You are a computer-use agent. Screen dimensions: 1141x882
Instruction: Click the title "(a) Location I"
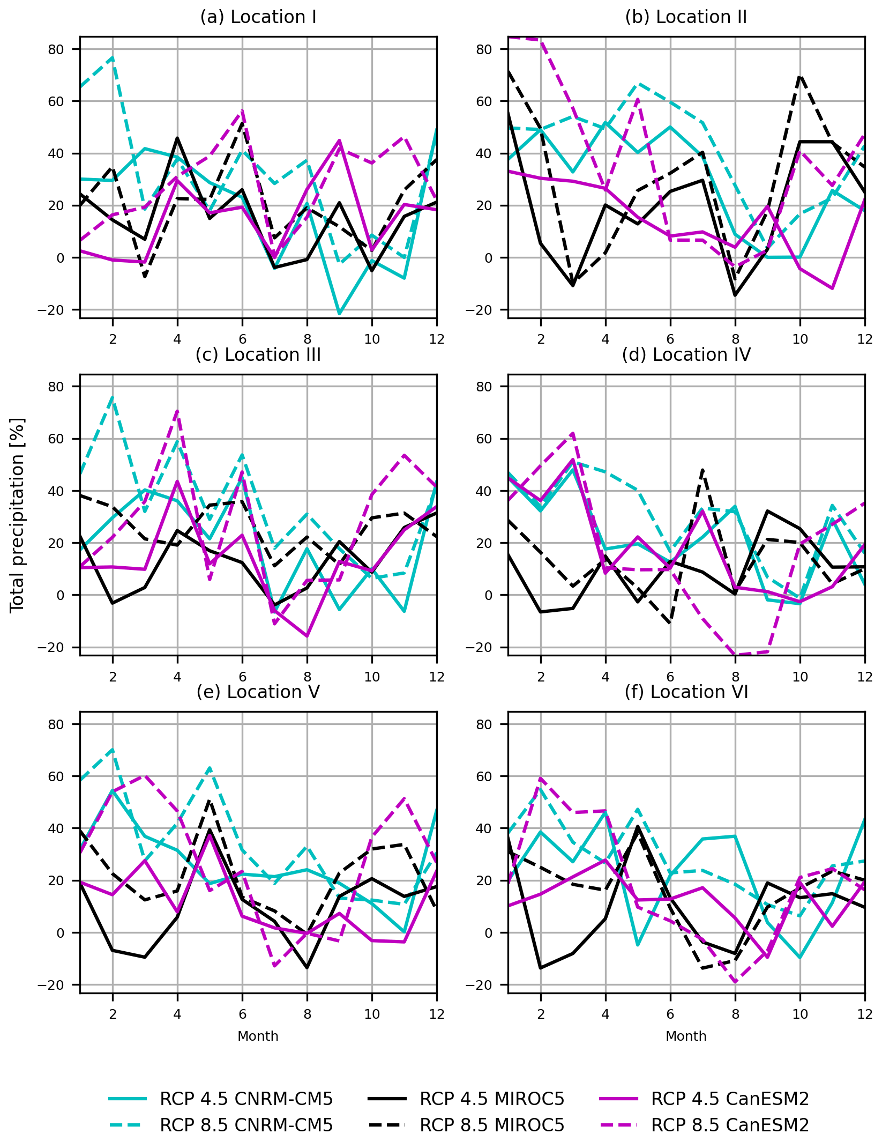(x=258, y=17)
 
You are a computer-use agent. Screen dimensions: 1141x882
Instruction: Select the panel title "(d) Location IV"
(x=686, y=355)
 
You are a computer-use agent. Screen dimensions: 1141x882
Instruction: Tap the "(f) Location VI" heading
(x=686, y=692)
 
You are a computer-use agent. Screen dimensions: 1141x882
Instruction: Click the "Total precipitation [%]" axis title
(x=17, y=515)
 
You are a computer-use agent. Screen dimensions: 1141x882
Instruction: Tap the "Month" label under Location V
(x=258, y=1036)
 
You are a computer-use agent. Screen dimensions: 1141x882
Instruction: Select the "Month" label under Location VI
(x=686, y=1036)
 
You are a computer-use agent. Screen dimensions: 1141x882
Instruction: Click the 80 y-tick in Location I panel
(x=56, y=49)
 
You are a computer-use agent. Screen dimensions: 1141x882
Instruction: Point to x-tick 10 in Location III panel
(x=372, y=677)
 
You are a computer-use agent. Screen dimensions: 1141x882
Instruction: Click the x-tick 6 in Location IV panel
(x=670, y=677)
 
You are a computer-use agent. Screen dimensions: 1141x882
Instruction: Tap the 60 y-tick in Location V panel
(x=56, y=776)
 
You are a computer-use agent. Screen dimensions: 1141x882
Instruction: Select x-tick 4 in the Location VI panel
(x=606, y=1014)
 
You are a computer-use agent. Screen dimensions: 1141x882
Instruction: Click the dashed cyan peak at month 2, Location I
(x=113, y=57)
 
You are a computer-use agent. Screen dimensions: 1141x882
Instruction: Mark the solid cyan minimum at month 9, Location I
(x=339, y=314)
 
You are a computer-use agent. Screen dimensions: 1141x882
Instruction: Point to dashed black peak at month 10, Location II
(x=800, y=76)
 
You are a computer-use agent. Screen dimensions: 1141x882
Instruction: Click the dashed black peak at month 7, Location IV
(x=702, y=470)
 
